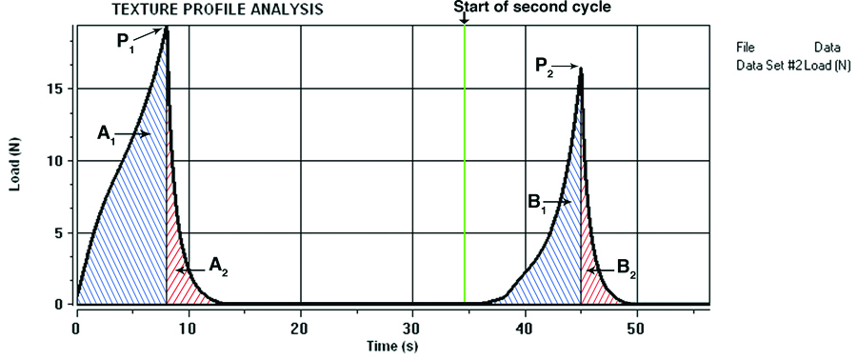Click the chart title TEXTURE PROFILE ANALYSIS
(x=218, y=10)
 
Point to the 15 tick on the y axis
(x=58, y=89)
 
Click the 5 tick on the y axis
(x=62, y=233)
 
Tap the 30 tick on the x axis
(x=412, y=324)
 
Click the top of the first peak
(x=168, y=28)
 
